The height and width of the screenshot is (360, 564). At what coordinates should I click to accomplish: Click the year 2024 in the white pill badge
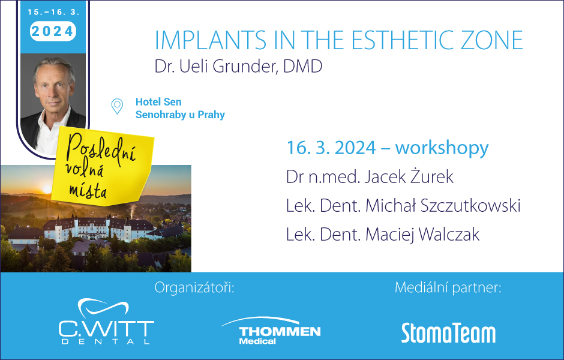[x=53, y=31]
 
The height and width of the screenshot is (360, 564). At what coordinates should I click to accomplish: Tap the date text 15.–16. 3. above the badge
[x=53, y=12]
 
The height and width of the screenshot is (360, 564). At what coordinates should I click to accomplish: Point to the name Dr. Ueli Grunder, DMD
[x=238, y=66]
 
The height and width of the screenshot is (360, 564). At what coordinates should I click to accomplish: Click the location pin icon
[x=117, y=106]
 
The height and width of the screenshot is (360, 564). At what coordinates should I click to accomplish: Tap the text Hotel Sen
[x=158, y=102]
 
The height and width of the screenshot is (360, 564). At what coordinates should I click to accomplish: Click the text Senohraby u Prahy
[x=180, y=115]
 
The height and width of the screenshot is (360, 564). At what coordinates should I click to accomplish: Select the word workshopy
[x=442, y=148]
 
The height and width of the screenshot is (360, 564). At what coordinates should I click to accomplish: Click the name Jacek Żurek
[x=409, y=176]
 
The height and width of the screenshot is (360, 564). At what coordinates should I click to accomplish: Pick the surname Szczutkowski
[x=470, y=206]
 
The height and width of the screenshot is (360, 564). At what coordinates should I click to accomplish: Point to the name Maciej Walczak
[x=422, y=235]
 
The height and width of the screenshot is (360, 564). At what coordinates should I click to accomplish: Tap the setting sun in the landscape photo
[x=47, y=189]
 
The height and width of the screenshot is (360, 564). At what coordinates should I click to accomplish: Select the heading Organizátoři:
[x=194, y=288]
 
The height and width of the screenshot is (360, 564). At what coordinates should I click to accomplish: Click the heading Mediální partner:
[x=448, y=287]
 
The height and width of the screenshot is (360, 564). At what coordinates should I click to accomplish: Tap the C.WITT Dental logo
[x=106, y=322]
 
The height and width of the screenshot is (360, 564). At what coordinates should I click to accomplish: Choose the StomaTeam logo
[x=448, y=333]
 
